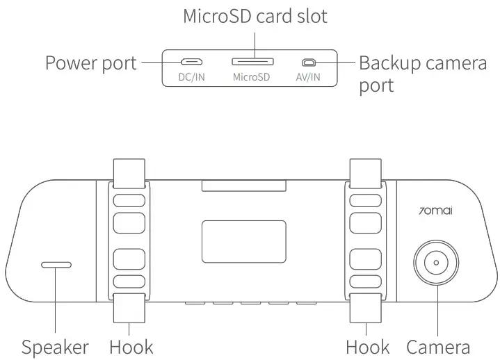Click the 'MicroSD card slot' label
255,16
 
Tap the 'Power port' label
91,63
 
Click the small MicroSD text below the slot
251,77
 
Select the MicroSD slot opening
251,62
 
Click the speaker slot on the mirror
56,265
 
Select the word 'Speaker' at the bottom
55,346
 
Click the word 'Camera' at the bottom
438,346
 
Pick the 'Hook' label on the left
131,346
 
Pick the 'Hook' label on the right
368,346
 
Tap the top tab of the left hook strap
129,173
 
